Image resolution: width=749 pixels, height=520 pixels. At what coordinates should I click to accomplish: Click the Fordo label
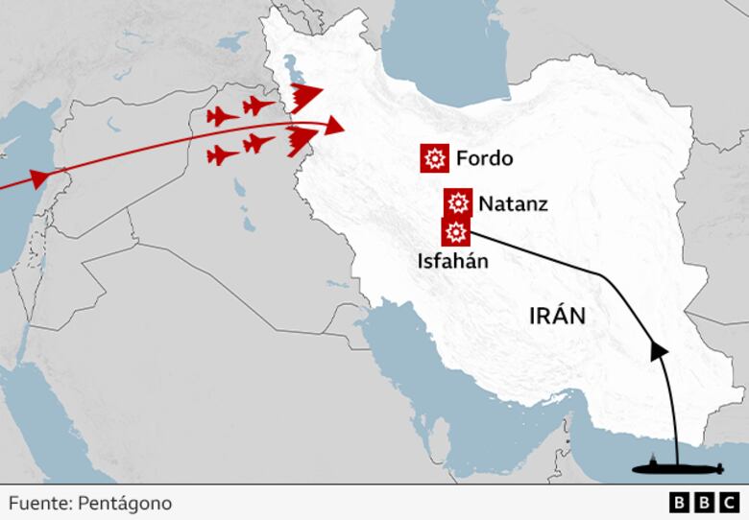[485, 158]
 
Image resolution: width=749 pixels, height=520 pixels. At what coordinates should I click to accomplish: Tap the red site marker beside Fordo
[435, 158]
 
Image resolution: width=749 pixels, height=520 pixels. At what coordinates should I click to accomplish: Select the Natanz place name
[514, 203]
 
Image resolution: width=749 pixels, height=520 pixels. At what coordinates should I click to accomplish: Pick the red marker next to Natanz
[458, 202]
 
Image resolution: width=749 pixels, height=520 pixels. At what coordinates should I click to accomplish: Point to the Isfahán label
[453, 260]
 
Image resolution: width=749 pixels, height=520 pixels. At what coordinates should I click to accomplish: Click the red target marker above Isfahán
[455, 231]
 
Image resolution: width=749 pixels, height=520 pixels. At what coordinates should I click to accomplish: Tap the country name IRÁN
[557, 316]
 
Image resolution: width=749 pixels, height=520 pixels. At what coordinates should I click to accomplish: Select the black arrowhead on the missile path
[659, 351]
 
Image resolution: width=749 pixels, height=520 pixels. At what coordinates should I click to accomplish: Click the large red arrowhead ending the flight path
[332, 126]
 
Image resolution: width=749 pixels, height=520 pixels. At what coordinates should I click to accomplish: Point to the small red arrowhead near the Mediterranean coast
[40, 177]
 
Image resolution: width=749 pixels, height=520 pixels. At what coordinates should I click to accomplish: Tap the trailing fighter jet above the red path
[222, 117]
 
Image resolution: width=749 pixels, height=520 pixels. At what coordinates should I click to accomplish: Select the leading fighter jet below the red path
[258, 144]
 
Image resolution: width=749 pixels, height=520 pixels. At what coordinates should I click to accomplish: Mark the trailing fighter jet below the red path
[223, 154]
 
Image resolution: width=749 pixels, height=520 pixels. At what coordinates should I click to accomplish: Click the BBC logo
[704, 503]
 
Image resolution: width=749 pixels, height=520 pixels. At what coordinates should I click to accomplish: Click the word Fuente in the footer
[36, 503]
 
